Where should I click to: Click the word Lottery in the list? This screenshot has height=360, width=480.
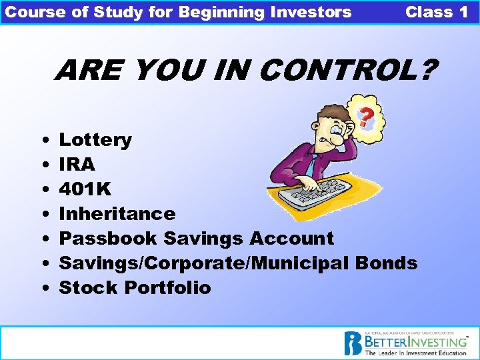pos(95,140)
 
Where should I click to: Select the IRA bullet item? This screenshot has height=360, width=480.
pos(77,165)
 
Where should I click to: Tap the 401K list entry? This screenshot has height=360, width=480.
pos(85,189)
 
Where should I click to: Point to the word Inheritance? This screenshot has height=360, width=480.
pos(117,214)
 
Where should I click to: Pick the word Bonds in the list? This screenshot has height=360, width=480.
pos(386,263)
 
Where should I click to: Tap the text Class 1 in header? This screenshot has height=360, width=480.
pos(437,12)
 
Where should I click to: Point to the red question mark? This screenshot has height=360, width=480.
pos(365,119)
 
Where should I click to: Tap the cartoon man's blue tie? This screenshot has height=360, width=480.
pos(312,163)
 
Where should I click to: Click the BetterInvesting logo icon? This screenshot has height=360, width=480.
pos(353,343)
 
